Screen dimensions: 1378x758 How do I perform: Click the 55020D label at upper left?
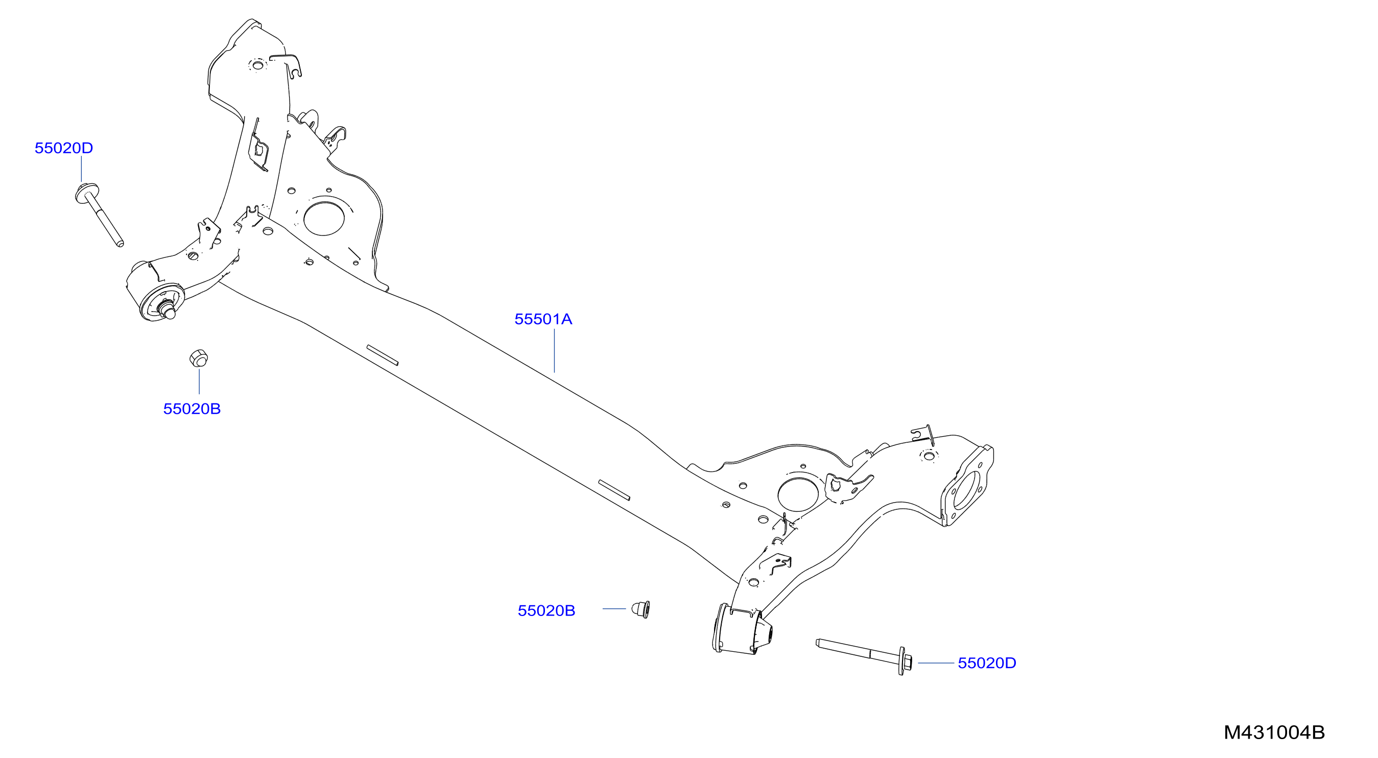(x=64, y=148)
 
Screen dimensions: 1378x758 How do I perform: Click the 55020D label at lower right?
(x=986, y=663)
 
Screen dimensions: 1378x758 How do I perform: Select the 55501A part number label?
(x=543, y=319)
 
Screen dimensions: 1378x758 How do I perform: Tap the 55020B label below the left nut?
(x=192, y=409)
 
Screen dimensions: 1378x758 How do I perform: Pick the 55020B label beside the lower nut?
(x=546, y=610)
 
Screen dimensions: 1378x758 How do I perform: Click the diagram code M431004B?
(x=1274, y=732)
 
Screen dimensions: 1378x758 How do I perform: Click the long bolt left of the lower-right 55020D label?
(x=864, y=656)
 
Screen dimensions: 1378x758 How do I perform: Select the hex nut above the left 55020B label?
(x=199, y=358)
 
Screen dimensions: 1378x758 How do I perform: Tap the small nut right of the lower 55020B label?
(x=640, y=609)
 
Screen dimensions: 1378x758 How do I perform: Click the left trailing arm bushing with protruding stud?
(x=155, y=293)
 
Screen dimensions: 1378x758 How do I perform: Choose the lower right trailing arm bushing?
(x=742, y=630)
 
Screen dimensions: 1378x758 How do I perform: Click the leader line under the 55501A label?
(x=554, y=350)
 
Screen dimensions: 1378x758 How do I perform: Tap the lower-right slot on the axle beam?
(x=614, y=490)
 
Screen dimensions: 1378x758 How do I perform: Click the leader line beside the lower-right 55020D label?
(x=936, y=663)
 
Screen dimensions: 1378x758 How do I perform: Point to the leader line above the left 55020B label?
(x=199, y=382)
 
